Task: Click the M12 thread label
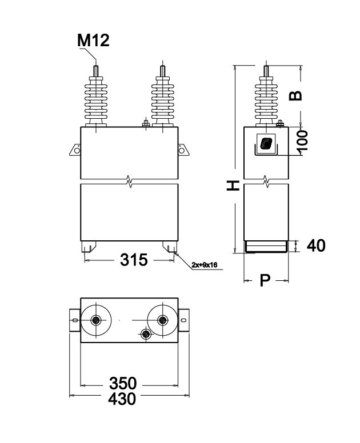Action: click(93, 41)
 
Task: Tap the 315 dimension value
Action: click(134, 260)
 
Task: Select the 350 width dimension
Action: click(123, 384)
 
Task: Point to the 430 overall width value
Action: click(122, 399)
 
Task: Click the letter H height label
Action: click(233, 186)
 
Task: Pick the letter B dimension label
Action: click(295, 96)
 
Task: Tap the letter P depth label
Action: click(265, 280)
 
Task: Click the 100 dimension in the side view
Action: click(303, 140)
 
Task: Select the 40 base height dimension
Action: click(316, 245)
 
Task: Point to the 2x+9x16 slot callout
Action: click(205, 265)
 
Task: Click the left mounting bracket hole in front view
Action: click(77, 150)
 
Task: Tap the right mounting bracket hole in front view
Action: click(182, 150)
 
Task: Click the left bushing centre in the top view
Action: click(96, 320)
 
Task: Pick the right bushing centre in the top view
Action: click(163, 320)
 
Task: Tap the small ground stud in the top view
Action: click(146, 334)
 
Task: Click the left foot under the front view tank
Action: click(89, 247)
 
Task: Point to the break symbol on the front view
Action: click(129, 182)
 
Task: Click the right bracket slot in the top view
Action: click(183, 320)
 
